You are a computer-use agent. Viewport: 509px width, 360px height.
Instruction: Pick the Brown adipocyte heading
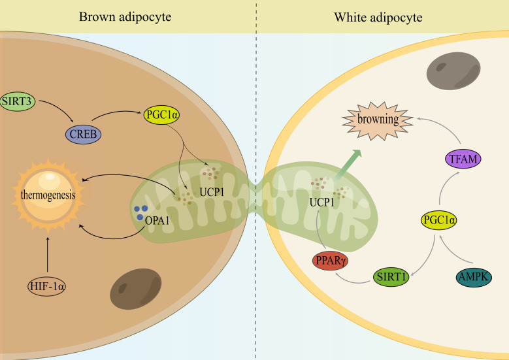pyautogui.click(x=125, y=16)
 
